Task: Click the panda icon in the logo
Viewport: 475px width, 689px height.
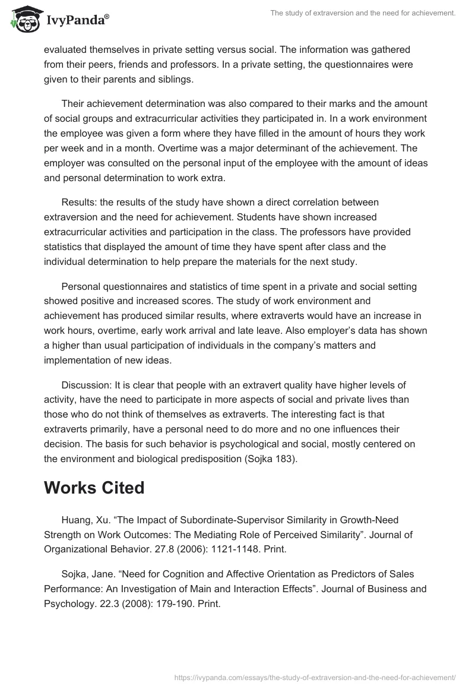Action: pos(24,19)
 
